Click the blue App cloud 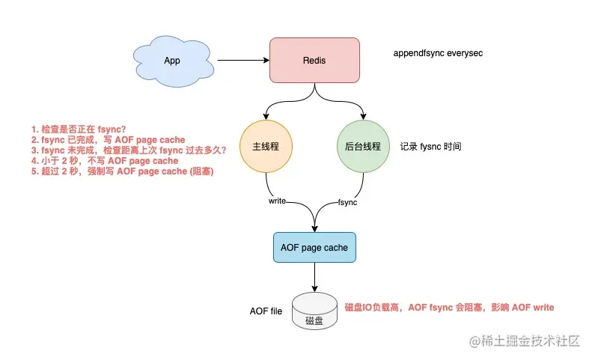[173, 61]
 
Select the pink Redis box [314, 60]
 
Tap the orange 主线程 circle [266, 146]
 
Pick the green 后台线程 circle [363, 146]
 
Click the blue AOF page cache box [314, 248]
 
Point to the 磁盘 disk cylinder [314, 311]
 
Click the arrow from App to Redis [243, 60]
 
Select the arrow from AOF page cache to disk [314, 277]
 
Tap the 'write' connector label [277, 201]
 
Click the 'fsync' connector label [347, 203]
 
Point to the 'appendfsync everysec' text [438, 53]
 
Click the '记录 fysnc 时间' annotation [430, 147]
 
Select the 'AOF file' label [266, 311]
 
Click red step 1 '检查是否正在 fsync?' [79, 129]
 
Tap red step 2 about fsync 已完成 [109, 140]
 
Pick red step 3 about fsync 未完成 [129, 150]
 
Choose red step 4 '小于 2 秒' [105, 161]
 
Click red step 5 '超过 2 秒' [122, 171]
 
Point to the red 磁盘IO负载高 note [449, 308]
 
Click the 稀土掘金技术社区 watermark [525, 341]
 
